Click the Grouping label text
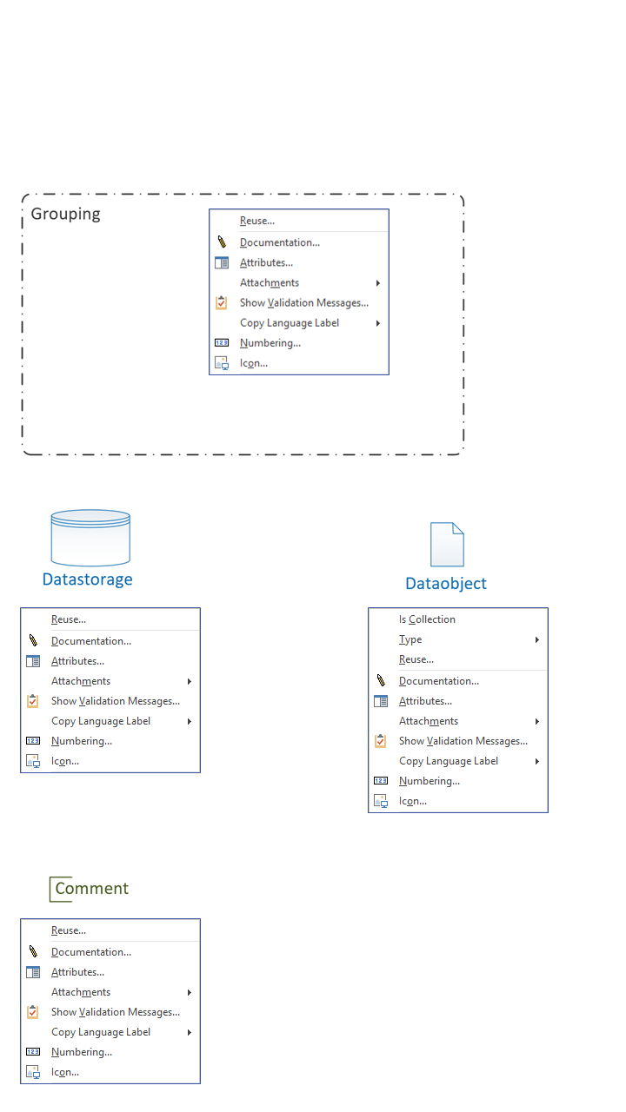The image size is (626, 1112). [x=65, y=214]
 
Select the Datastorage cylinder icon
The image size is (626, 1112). [x=91, y=538]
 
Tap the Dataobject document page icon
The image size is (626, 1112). [x=447, y=544]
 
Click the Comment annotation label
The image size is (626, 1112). [x=92, y=888]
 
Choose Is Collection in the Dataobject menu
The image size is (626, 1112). [x=427, y=619]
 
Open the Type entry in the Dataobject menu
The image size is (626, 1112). [x=410, y=639]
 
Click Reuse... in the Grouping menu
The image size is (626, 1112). [x=256, y=221]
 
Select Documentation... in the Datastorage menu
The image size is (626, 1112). [x=91, y=641]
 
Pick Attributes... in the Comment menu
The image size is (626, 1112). [x=77, y=972]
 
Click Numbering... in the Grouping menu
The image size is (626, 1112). [x=270, y=343]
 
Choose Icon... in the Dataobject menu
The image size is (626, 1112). [x=413, y=801]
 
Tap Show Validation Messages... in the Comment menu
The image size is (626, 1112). [x=116, y=1012]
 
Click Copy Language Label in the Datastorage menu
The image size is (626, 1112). [x=101, y=721]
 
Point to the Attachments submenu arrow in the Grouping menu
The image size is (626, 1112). [x=378, y=283]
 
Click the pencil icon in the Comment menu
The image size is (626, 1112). [x=33, y=951]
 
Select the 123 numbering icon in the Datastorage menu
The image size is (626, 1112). [x=33, y=741]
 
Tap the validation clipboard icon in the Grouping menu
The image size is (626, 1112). [x=222, y=302]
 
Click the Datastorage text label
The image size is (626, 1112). [x=88, y=579]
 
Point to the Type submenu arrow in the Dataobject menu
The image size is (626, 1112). [x=537, y=640]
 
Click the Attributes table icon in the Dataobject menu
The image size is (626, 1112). [x=381, y=701]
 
